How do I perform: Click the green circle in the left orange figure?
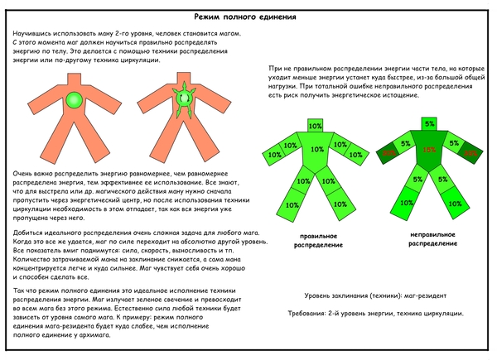coord(75,101)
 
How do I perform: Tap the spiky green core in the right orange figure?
coord(185,100)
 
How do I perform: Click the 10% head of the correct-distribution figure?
coord(315,127)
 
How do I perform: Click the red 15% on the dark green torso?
coord(429,151)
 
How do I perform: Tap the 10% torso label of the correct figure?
coord(316,150)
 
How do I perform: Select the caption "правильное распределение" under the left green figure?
coord(314,240)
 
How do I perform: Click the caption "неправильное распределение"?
coord(429,240)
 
